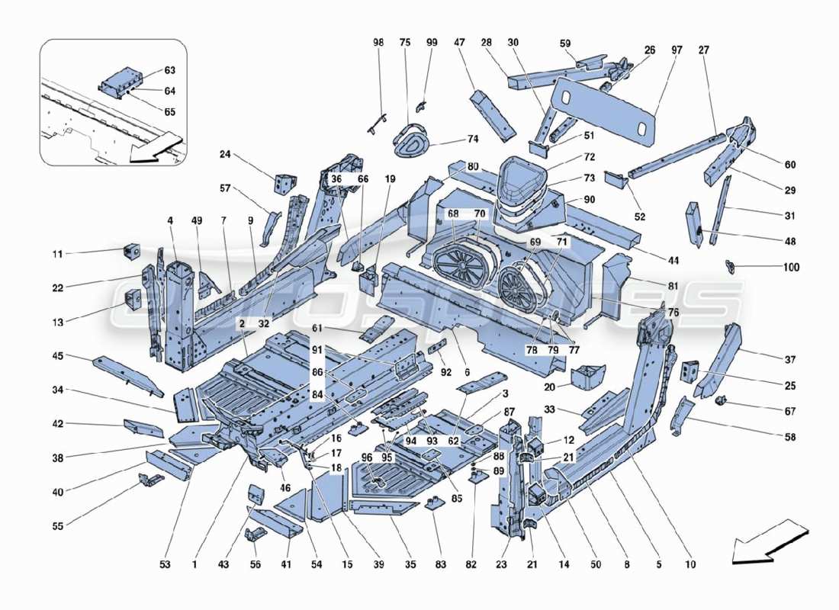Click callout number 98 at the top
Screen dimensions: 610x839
[x=379, y=43]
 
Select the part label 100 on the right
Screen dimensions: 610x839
[x=791, y=268]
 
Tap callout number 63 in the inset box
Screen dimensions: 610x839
[x=169, y=71]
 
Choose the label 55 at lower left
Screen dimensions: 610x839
[x=58, y=525]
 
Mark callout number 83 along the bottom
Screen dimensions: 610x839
[x=434, y=565]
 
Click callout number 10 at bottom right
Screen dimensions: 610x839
[x=690, y=565]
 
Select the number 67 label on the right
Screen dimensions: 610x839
[x=789, y=411]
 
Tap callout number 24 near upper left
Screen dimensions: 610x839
[x=225, y=155]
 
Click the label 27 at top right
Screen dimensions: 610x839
[x=702, y=50]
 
